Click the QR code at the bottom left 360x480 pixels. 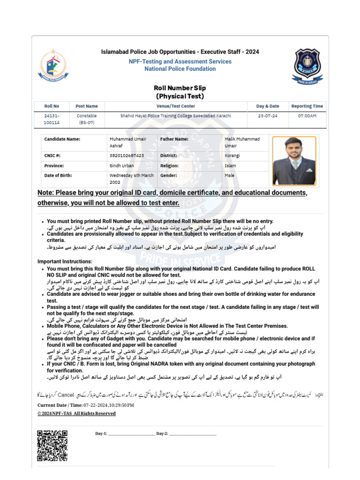coord(52,446)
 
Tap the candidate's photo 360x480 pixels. coord(294,160)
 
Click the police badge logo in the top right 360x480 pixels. coord(308,66)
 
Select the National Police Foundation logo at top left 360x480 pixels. coord(53,66)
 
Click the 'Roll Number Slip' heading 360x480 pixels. coord(180,88)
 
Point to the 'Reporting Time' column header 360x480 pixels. coord(307,106)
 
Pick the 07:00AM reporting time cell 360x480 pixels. coord(307,116)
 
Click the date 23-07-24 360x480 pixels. coord(267,116)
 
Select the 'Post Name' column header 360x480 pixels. coord(87,106)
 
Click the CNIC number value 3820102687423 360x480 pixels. coord(127,155)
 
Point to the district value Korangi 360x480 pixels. coord(232,155)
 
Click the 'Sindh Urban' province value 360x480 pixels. coord(121,165)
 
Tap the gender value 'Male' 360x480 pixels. coord(229,175)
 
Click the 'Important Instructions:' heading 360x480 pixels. coord(65,262)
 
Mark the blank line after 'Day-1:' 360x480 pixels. coord(131,434)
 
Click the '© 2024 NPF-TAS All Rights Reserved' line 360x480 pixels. coord(76,413)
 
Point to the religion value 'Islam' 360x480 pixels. coord(230,165)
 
